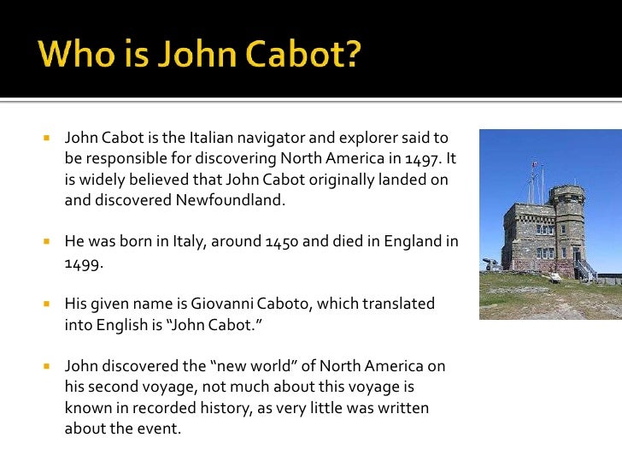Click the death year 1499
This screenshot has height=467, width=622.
click(83, 263)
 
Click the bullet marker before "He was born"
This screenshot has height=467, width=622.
click(48, 242)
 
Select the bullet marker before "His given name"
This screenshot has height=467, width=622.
click(48, 304)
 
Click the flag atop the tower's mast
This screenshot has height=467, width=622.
click(534, 163)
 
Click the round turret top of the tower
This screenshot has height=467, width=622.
click(566, 192)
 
